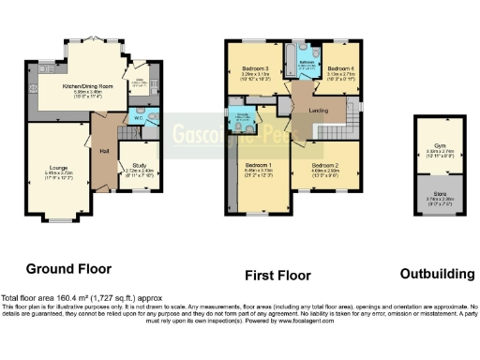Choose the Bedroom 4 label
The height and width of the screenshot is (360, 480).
point(340,68)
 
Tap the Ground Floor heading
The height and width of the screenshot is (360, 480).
point(68,268)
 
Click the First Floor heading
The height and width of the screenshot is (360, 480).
point(278,275)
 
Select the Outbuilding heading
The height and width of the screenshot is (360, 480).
point(437,274)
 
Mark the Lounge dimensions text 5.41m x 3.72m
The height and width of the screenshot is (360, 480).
point(56,173)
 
